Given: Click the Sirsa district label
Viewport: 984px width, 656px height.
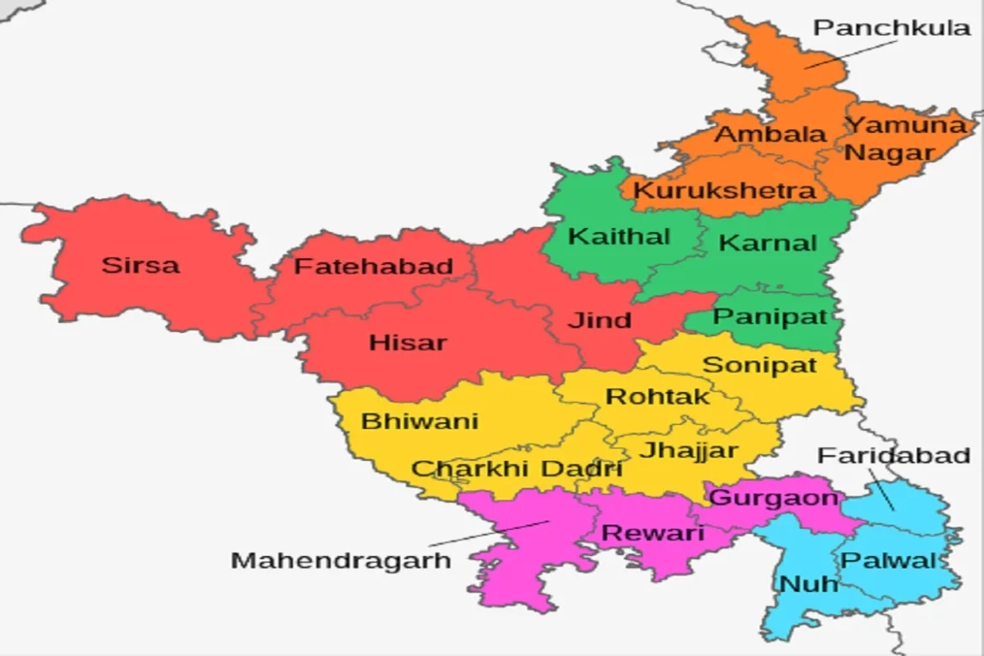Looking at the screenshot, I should click(x=140, y=265).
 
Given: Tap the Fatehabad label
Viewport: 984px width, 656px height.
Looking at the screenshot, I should click(x=373, y=267).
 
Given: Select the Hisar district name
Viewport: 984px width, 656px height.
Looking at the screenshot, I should click(x=408, y=343).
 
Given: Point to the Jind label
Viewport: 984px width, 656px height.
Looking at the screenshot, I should click(x=599, y=320).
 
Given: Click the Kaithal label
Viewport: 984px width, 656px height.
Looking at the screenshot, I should click(x=619, y=236).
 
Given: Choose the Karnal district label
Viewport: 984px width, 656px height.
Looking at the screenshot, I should click(x=769, y=244).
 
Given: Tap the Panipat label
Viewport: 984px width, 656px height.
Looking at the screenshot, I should click(x=770, y=317).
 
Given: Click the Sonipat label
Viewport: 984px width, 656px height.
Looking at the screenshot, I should click(x=759, y=365).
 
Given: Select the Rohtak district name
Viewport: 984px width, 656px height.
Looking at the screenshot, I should click(x=658, y=396).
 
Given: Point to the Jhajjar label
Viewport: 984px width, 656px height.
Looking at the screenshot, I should click(x=689, y=450).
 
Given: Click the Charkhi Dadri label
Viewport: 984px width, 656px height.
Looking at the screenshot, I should click(x=516, y=468).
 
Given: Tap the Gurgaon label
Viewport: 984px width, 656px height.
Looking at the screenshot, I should click(x=774, y=498).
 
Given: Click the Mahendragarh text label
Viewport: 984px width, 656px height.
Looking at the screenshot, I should click(x=341, y=560).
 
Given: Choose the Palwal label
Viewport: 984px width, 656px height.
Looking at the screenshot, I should click(x=888, y=560).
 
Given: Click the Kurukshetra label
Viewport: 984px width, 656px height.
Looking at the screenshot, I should click(x=724, y=191).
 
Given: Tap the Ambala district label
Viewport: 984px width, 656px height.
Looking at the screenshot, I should click(x=770, y=135).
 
